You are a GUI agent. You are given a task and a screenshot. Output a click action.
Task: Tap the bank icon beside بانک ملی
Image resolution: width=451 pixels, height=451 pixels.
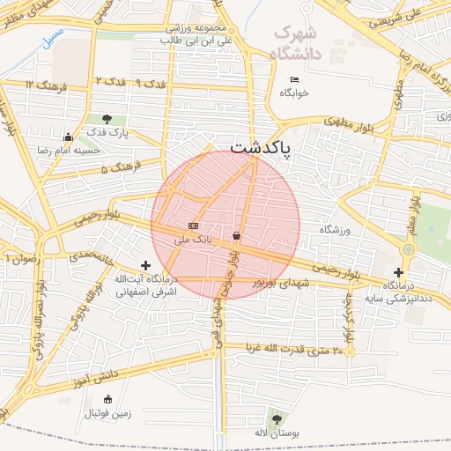[x=194, y=226]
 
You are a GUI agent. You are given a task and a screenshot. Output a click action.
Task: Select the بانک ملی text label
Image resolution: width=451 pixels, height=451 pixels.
[x=194, y=239]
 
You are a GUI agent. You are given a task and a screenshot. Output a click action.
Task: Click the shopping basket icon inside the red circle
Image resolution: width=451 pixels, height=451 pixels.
[x=237, y=236]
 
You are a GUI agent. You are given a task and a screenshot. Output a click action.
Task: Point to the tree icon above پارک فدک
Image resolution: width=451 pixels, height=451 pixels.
[x=107, y=119]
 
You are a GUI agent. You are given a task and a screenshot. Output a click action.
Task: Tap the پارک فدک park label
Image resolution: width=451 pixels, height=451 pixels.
[x=107, y=132]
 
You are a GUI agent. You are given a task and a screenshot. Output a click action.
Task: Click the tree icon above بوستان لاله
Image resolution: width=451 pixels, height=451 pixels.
[x=278, y=418]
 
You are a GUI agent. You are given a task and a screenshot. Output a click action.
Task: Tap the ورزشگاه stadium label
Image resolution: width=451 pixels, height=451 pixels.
[x=335, y=230]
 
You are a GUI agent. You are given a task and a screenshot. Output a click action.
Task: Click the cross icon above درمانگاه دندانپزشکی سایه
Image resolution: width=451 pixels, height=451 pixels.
[x=398, y=273]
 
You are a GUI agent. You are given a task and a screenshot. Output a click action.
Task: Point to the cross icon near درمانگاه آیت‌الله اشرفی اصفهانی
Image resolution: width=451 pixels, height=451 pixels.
[x=145, y=265]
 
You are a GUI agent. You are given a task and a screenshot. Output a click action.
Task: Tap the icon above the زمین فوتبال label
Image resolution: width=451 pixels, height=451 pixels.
[x=108, y=400]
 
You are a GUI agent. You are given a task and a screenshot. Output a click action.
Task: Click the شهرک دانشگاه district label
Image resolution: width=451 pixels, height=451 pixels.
[x=299, y=42]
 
